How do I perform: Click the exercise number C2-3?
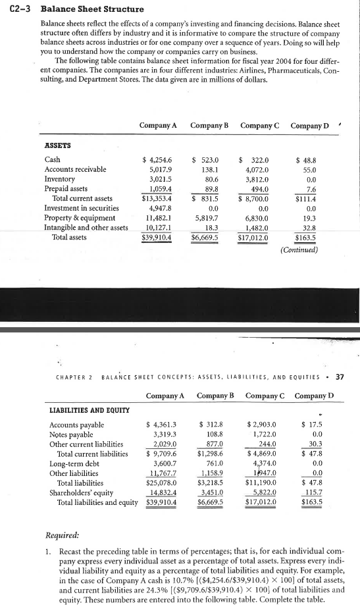14,9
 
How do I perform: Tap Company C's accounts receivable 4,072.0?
257,169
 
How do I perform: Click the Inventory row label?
58,179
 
